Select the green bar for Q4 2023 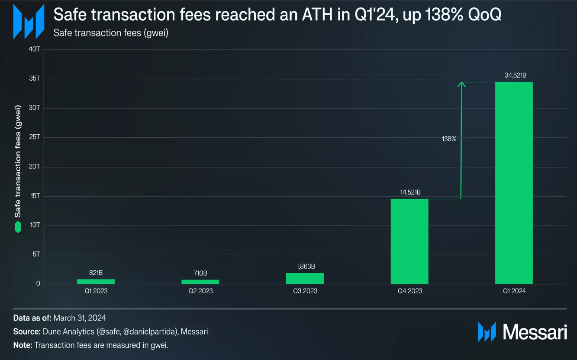[x=409, y=241]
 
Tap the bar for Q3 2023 [x=305, y=278]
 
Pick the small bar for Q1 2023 [x=96, y=281]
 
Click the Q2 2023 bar [x=200, y=282]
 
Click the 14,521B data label [x=409, y=192]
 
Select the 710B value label [x=200, y=273]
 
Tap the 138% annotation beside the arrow [x=449, y=139]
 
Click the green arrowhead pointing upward [x=461, y=84]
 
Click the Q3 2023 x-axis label [x=305, y=291]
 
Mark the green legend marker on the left [x=18, y=227]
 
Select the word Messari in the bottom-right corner [x=535, y=332]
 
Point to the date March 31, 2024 [x=80, y=318]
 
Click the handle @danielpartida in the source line [x=149, y=332]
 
